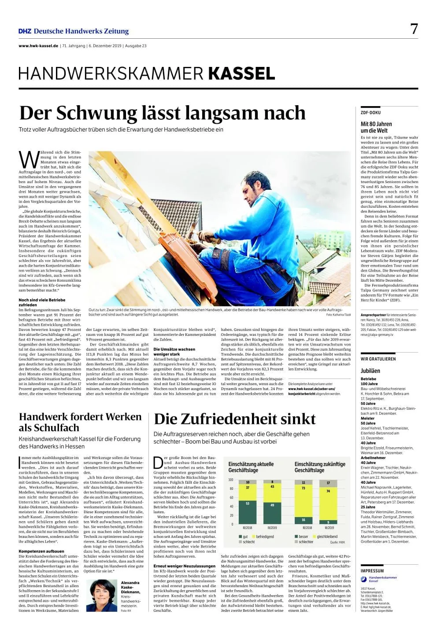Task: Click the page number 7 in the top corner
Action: tap(414, 29)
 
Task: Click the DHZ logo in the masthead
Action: tap(25, 31)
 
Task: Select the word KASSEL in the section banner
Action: tap(242, 73)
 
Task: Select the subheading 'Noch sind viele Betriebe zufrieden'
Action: tap(42, 302)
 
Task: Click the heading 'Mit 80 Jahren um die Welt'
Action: tap(376, 127)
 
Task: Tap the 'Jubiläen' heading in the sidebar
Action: tap(370, 371)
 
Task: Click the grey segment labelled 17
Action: tap(328, 483)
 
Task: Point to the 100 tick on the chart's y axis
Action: tap(230, 480)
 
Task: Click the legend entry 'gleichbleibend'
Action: tap(327, 537)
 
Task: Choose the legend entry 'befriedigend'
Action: tap(265, 537)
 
